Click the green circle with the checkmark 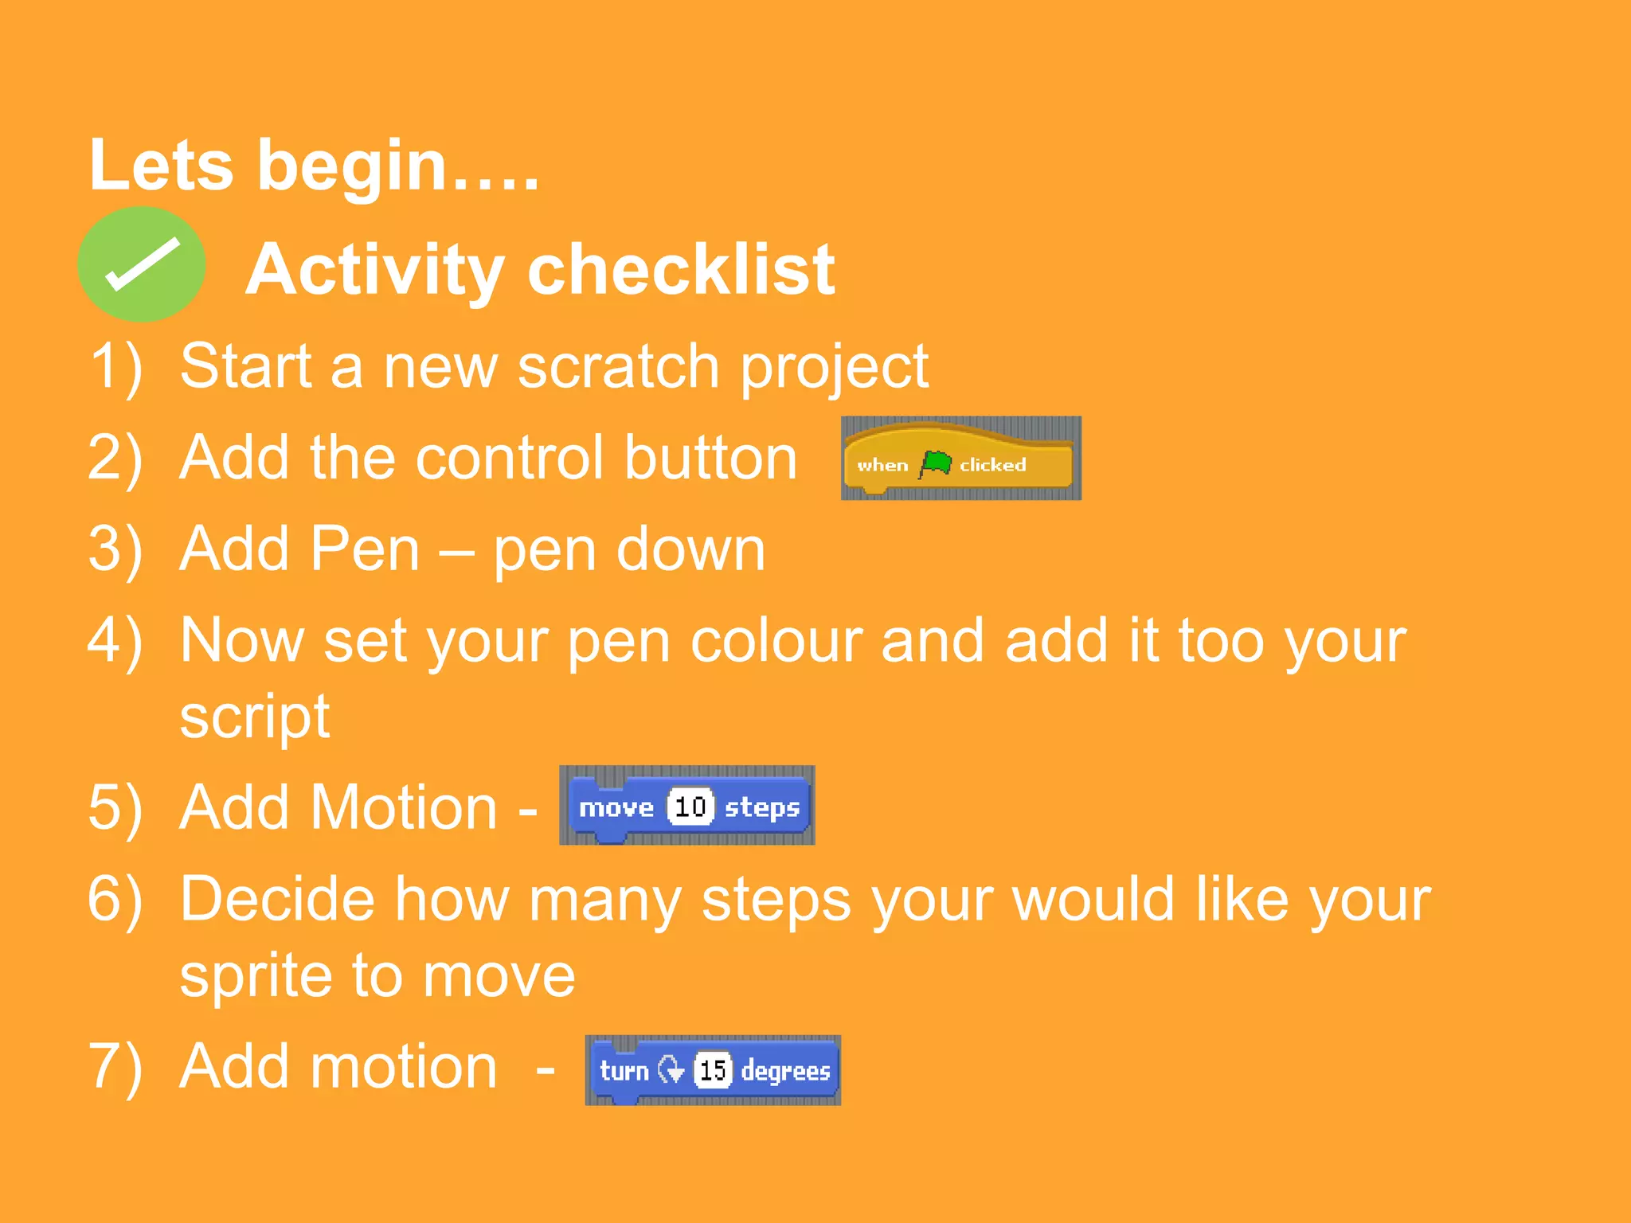click(142, 264)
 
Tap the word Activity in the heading click(374, 271)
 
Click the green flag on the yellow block click(935, 463)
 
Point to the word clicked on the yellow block click(992, 465)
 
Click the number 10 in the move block click(690, 807)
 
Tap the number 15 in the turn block click(713, 1070)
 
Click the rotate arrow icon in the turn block click(671, 1070)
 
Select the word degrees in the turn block click(785, 1072)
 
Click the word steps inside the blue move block click(761, 808)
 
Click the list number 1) click(116, 366)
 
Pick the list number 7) click(116, 1067)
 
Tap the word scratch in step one click(618, 366)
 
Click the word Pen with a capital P click(363, 549)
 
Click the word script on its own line click(255, 717)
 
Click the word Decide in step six click(277, 900)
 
